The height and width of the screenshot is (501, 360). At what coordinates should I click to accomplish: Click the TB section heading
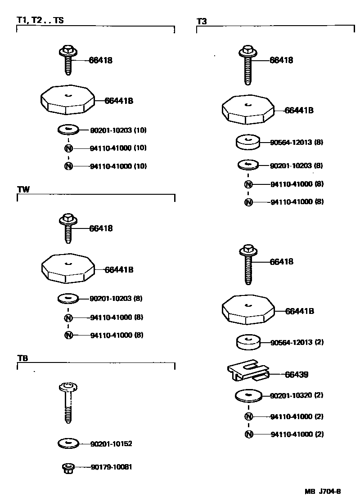tap(23, 358)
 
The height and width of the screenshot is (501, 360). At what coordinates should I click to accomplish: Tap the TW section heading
tap(23, 189)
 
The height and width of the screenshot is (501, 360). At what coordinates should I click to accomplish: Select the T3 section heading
tap(202, 21)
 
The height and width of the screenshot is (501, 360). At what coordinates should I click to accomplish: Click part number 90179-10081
tap(111, 467)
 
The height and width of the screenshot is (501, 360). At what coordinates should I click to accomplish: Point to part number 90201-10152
tap(111, 444)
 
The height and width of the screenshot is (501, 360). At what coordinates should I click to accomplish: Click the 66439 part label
tap(297, 374)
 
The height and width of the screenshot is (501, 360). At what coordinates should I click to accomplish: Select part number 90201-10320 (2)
tap(297, 395)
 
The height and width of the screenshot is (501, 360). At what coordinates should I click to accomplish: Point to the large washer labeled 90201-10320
tap(248, 396)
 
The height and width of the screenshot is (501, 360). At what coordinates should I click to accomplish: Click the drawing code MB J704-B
tap(323, 491)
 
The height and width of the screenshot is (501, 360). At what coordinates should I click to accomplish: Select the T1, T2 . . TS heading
tap(40, 21)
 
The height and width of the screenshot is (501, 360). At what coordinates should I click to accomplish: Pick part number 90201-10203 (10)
tap(118, 130)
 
